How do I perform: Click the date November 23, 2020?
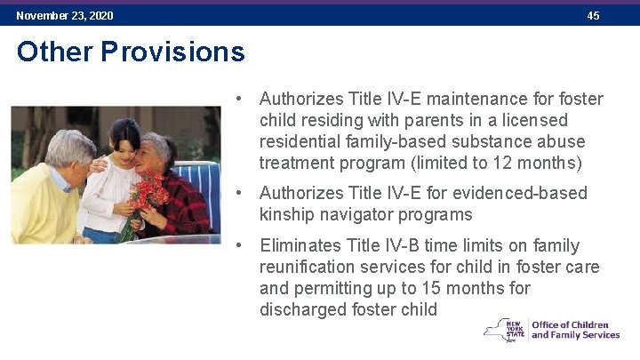click(x=65, y=16)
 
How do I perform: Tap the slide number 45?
click(x=593, y=16)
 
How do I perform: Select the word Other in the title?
click(x=55, y=52)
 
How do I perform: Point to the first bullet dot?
click(x=239, y=99)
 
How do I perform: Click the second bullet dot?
click(x=239, y=193)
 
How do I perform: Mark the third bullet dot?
click(x=239, y=245)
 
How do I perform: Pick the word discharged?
click(x=303, y=309)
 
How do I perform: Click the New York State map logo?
click(x=505, y=329)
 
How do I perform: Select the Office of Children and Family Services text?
click(x=575, y=330)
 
